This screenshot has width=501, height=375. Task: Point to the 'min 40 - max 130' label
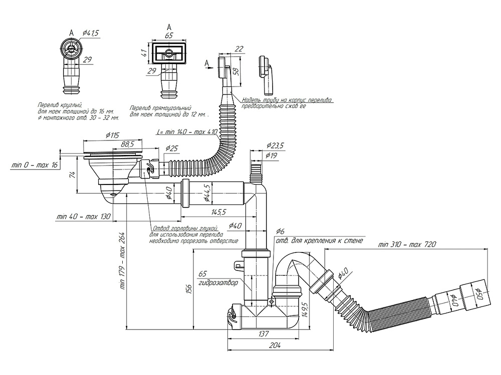pyautogui.click(x=84, y=217)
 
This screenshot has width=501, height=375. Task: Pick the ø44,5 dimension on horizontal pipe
pyautogui.click(x=206, y=192)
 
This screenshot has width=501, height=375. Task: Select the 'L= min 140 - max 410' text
pyautogui.click(x=187, y=131)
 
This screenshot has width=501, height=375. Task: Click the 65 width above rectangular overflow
pyautogui.click(x=169, y=35)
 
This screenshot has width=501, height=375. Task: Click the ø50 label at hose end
pyautogui.click(x=479, y=291)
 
